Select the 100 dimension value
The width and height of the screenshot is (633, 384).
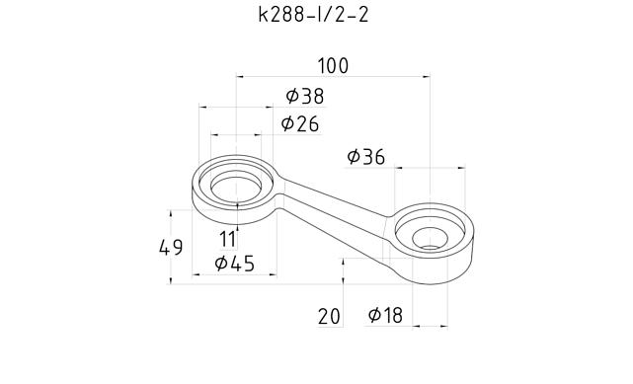(333, 66)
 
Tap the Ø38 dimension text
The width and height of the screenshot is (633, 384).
(304, 96)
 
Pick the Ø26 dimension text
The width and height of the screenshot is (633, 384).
(299, 123)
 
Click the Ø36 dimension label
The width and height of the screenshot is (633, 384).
(366, 157)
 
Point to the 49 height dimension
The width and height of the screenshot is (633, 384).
(171, 247)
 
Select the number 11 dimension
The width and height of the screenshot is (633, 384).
(228, 238)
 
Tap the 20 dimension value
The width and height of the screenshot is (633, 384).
(329, 316)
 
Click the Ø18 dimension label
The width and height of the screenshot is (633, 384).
(385, 315)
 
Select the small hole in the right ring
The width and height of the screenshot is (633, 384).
(431, 238)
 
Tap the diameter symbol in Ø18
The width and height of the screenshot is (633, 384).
(375, 315)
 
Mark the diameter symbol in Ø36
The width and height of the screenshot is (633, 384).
(355, 157)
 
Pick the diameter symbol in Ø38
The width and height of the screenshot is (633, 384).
(292, 96)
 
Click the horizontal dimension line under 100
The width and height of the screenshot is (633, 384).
(333, 76)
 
